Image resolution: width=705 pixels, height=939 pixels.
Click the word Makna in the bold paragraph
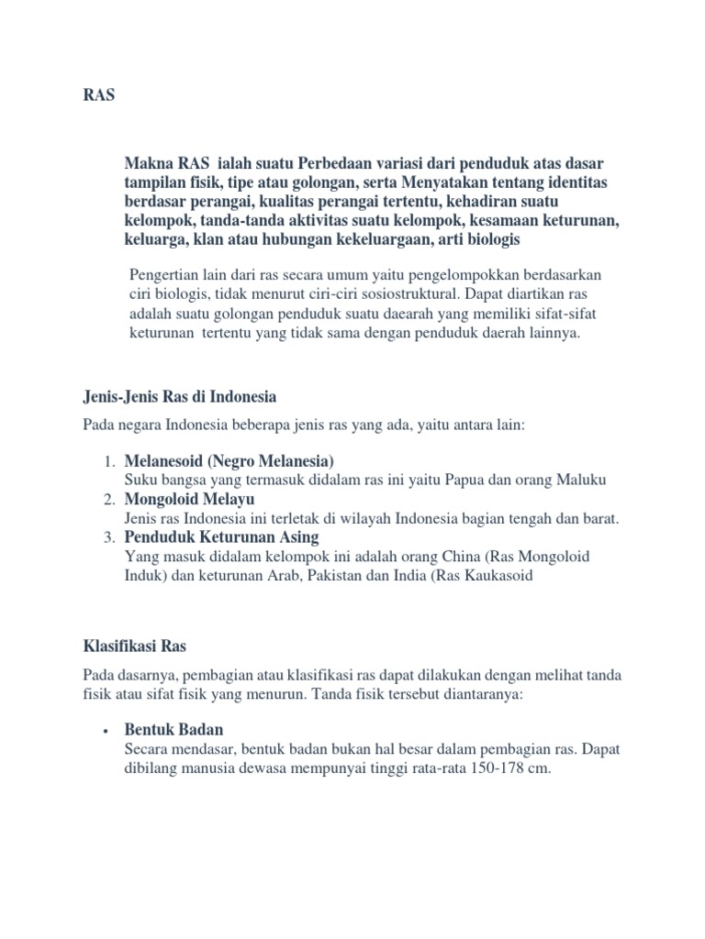coord(147,164)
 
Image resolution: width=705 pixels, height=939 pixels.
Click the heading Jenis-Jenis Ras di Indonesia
coord(180,397)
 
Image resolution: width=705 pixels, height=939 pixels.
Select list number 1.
coord(107,460)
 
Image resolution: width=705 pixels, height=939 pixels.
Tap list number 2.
coord(107,499)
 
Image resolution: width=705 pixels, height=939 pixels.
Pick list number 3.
coord(107,537)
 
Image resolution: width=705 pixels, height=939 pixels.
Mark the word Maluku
coord(580,480)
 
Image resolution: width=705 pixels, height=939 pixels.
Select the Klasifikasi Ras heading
coord(135,646)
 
